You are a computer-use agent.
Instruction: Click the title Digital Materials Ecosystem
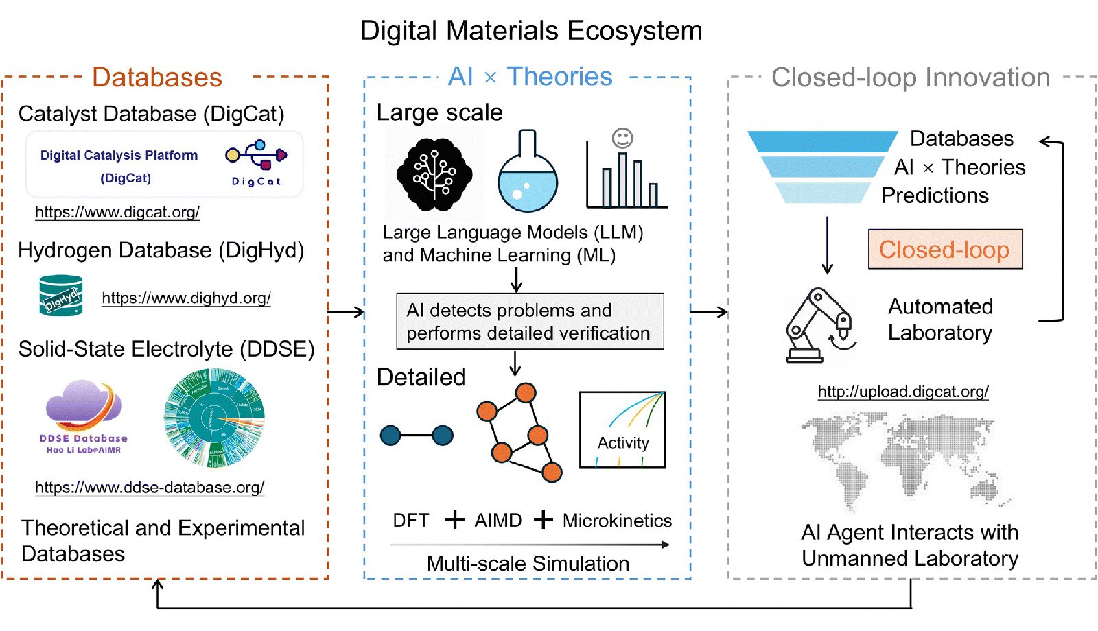click(531, 31)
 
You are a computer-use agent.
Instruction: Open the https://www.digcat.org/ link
click(117, 212)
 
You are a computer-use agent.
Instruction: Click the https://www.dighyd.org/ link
click(186, 298)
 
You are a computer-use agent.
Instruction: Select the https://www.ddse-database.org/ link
click(150, 487)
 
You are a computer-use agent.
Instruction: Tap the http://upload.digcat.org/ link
click(903, 392)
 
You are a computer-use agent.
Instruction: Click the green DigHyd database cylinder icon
click(61, 296)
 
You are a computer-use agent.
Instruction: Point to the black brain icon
click(434, 174)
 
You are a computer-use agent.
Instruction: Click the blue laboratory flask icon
click(527, 175)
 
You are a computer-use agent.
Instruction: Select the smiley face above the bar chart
click(622, 139)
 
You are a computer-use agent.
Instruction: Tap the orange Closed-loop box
click(945, 250)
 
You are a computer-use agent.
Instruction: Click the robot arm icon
click(819, 325)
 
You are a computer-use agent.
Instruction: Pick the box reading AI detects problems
click(529, 322)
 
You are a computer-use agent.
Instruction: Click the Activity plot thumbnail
click(622, 430)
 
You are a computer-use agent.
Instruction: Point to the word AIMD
click(498, 521)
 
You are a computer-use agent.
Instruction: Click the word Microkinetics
click(617, 521)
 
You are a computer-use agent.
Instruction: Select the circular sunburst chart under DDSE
click(214, 418)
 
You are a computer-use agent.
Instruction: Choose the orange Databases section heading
click(157, 78)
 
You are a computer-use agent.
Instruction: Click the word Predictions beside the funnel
click(935, 196)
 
